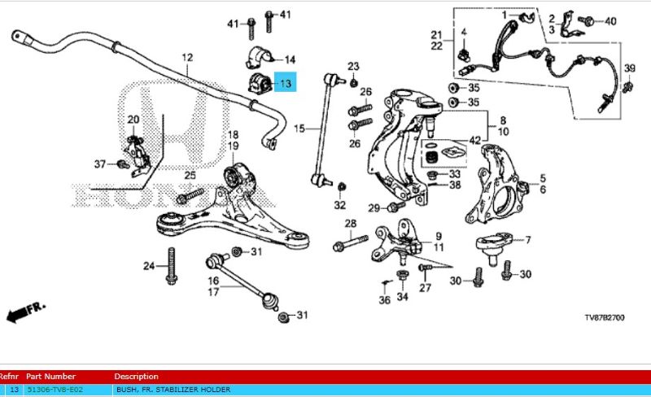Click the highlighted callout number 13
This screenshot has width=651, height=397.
coord(286,84)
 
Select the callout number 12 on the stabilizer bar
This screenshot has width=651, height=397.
coord(187,58)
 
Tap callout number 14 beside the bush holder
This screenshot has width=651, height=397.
coord(290,59)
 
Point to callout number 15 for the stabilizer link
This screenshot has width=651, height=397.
coord(299,129)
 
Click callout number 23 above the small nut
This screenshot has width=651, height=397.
coord(353,66)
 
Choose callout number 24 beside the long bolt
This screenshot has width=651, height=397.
coord(149,266)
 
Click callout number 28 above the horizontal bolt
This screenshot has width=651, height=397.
coord(350,224)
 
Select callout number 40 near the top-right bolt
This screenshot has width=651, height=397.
coord(610,21)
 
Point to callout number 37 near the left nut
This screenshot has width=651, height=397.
coord(99,164)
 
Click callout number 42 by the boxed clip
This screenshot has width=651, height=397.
coord(474,141)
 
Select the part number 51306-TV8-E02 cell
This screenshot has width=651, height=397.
coord(55,390)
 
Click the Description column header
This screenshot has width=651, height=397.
coord(136,377)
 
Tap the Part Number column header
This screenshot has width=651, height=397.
coord(50,377)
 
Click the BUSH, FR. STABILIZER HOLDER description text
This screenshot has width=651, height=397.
coord(173,390)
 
